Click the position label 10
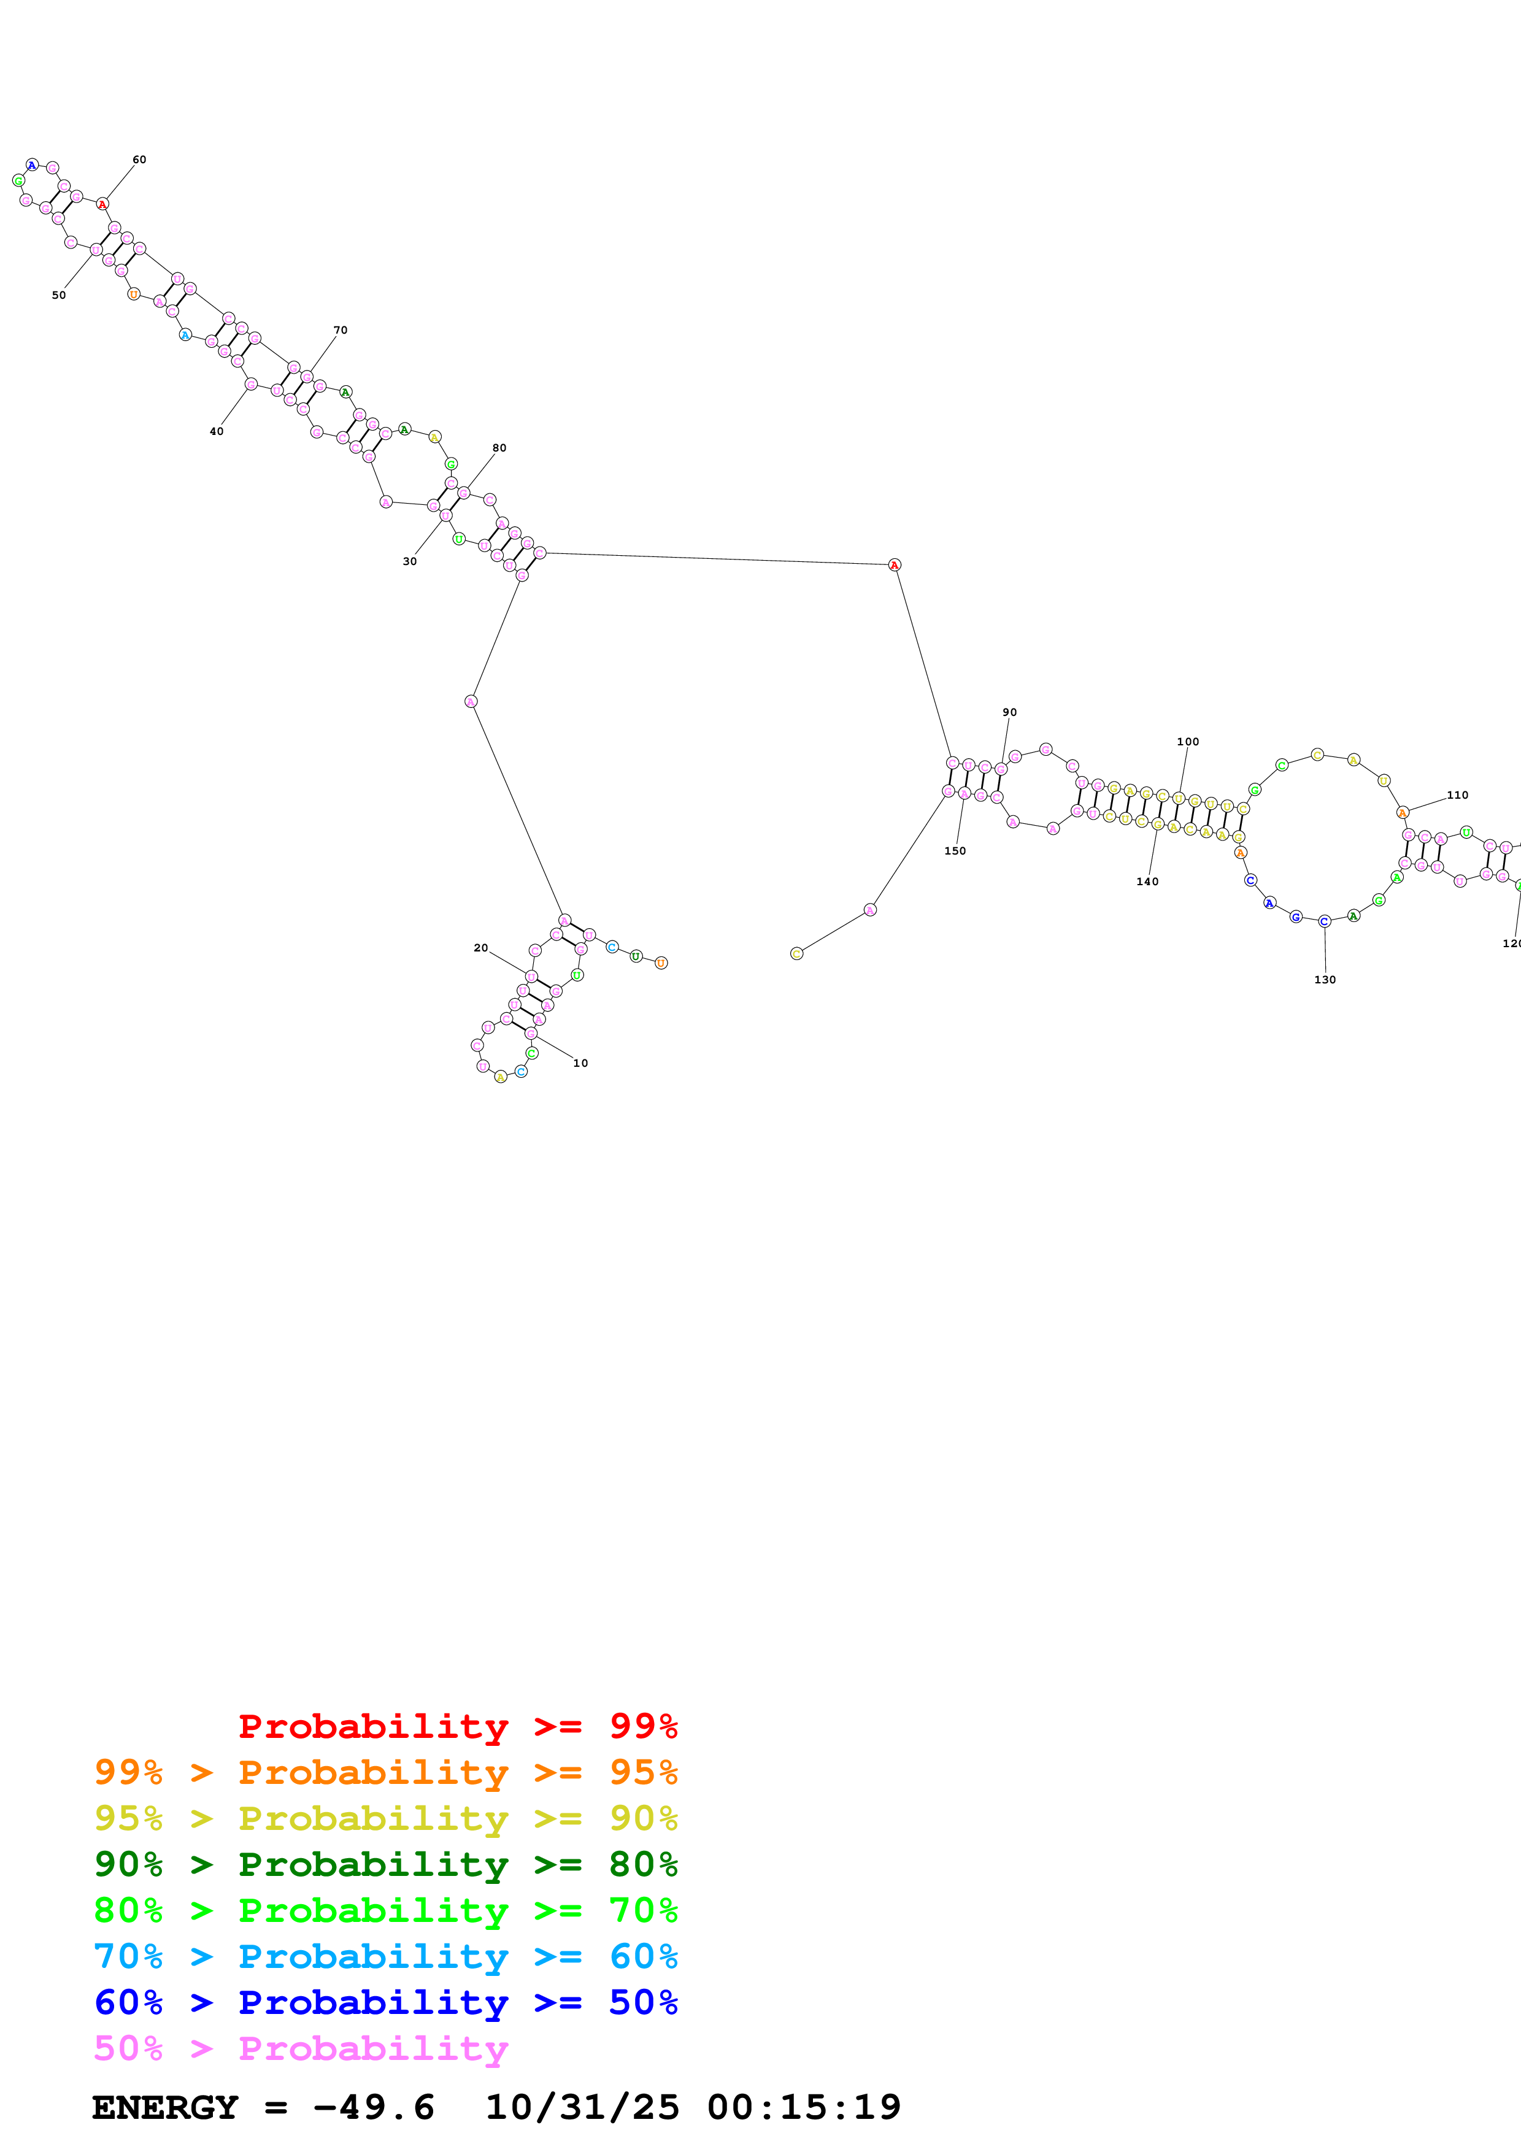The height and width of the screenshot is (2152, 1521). (x=580, y=1063)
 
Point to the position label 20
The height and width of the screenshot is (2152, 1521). (x=481, y=948)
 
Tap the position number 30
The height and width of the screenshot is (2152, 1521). (x=409, y=561)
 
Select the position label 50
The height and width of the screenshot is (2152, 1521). (x=59, y=295)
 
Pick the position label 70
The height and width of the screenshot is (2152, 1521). (x=340, y=330)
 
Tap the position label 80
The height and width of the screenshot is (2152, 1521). (x=499, y=448)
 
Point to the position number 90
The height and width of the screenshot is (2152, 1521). (x=1009, y=712)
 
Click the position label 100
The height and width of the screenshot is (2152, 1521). (x=1187, y=742)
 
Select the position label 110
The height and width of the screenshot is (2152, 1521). (x=1457, y=795)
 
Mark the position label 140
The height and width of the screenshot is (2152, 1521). (x=1147, y=881)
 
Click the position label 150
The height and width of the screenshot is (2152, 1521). (x=955, y=851)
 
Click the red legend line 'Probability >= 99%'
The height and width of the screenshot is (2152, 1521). (x=457, y=1726)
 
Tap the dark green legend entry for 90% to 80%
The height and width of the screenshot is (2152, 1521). (x=385, y=1864)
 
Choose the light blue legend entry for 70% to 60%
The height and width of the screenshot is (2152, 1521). (x=385, y=1956)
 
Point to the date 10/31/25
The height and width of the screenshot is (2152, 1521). (x=581, y=2108)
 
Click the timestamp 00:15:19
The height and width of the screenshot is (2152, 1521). (x=803, y=2108)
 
